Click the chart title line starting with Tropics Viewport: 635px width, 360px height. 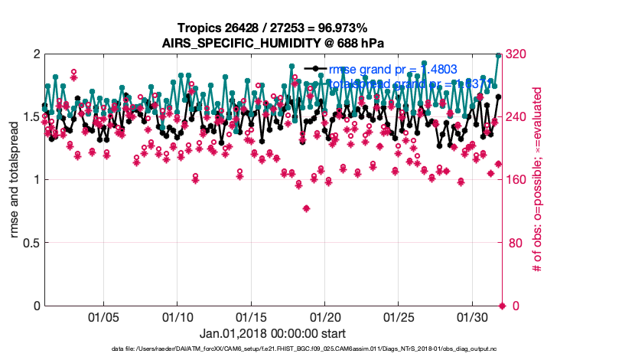tap(272, 28)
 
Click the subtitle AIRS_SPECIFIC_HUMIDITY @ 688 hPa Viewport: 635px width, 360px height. tap(272, 43)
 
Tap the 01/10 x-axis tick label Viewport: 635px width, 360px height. tap(177, 316)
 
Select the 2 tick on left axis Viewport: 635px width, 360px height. tap(36, 54)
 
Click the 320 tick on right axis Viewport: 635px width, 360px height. tap(520, 54)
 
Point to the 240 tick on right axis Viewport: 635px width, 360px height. tap(520, 116)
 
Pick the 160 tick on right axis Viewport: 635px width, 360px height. tap(520, 180)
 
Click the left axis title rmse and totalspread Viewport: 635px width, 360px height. tap(15, 180)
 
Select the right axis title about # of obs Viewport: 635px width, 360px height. tap(538, 180)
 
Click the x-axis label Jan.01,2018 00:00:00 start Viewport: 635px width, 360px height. tap(272, 333)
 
